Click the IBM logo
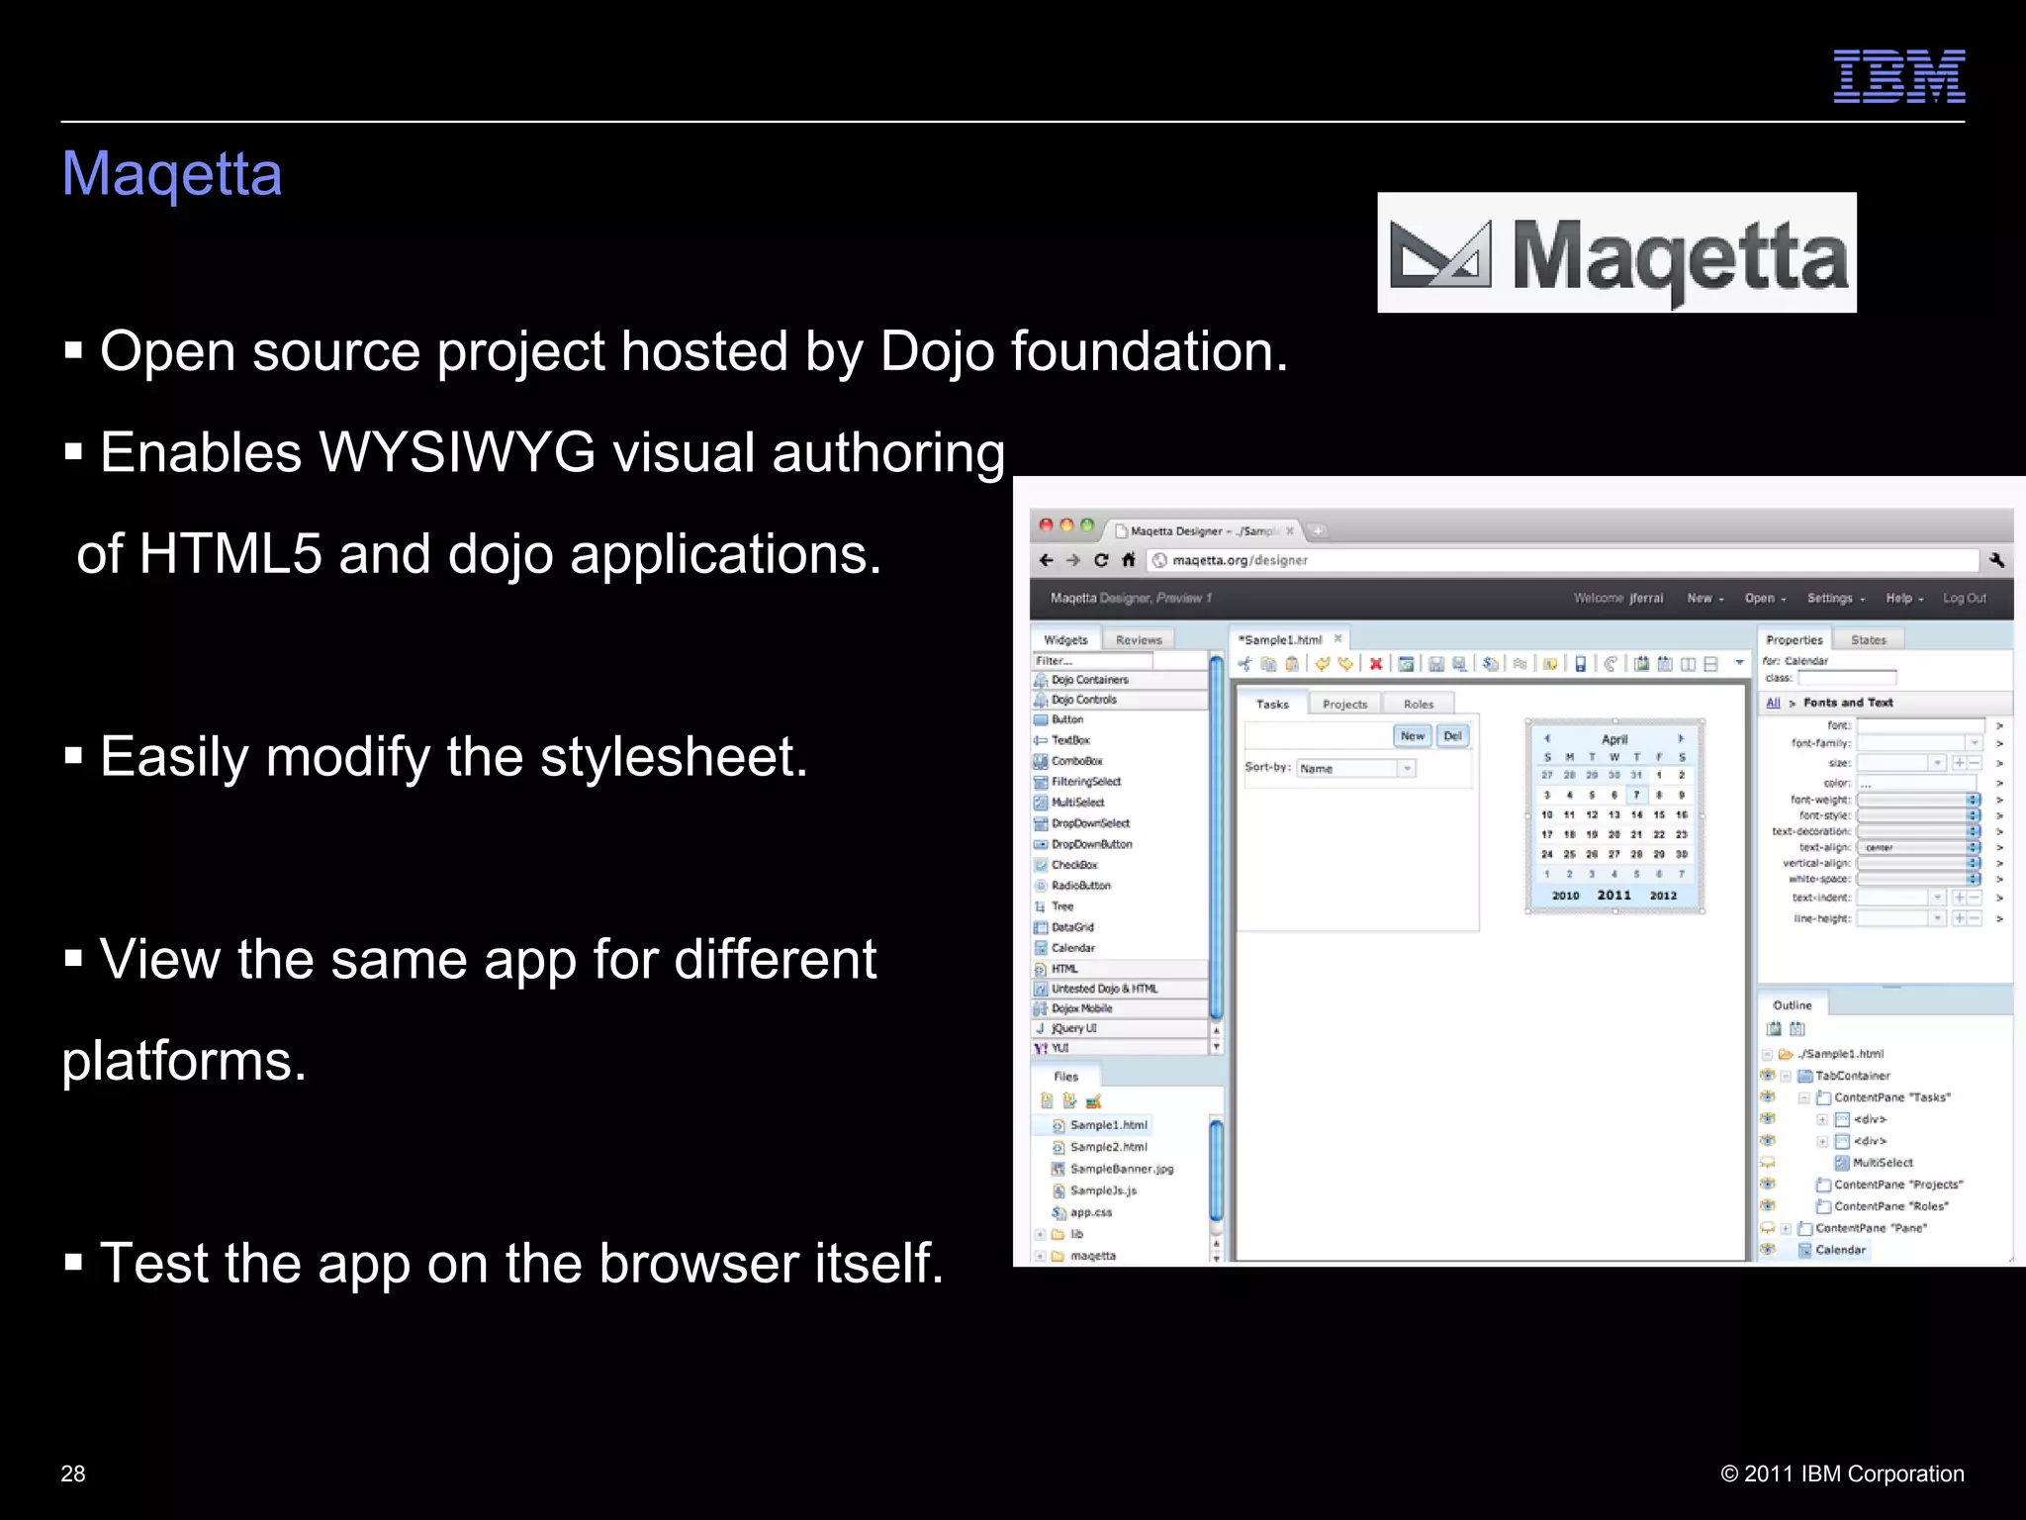point(1898,76)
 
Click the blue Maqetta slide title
point(172,174)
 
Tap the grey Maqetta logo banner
point(1616,253)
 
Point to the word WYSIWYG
point(457,453)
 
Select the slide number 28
point(73,1473)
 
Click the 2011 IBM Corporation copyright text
point(1842,1473)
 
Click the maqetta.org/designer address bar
point(1240,560)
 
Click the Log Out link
point(1964,598)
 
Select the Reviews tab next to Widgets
point(1138,640)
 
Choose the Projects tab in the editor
point(1344,705)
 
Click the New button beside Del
point(1412,735)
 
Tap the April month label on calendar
point(1613,739)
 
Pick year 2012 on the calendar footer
point(1663,896)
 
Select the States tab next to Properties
point(1868,640)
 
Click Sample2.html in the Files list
point(1108,1147)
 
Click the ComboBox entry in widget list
point(1076,761)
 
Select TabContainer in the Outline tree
point(1852,1076)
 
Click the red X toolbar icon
point(1375,664)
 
